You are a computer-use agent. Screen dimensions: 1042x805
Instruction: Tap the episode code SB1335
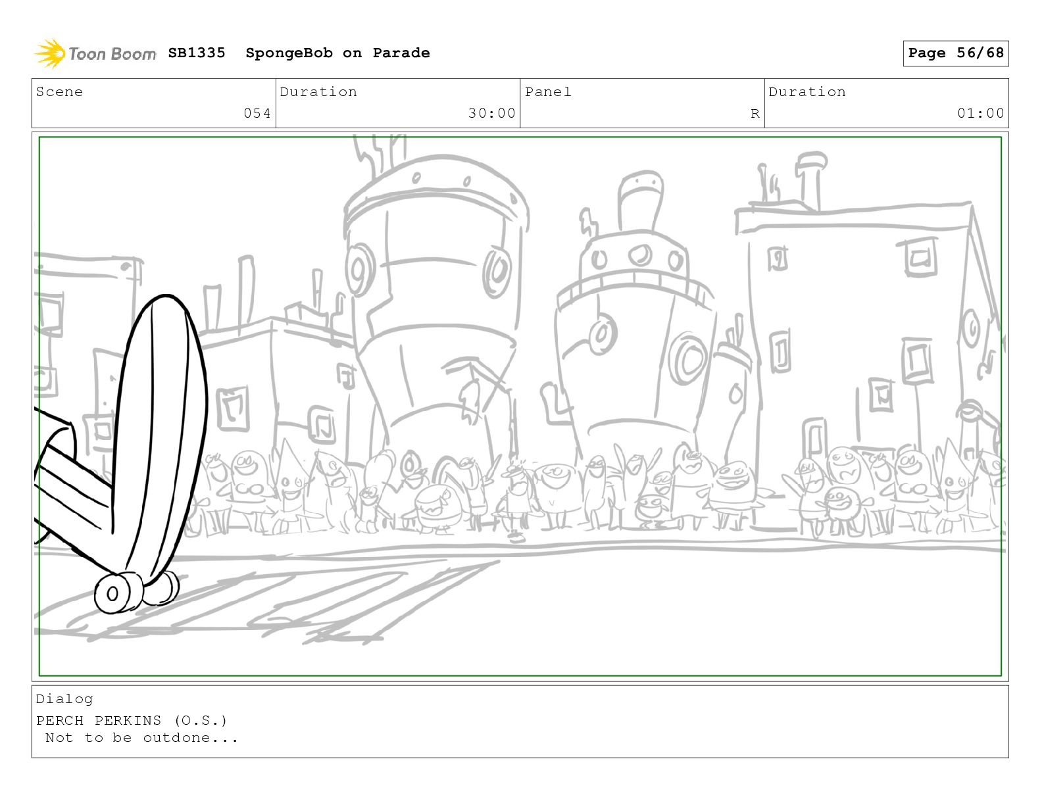pyautogui.click(x=197, y=53)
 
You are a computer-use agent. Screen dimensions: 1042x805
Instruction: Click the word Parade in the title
pyautogui.click(x=401, y=53)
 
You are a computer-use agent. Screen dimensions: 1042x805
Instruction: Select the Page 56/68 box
pyautogui.click(x=956, y=53)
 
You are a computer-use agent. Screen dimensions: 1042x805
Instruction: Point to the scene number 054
pyautogui.click(x=257, y=113)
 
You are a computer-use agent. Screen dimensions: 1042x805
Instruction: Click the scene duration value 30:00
pyautogui.click(x=491, y=113)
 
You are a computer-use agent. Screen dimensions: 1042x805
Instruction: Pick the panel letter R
pyautogui.click(x=755, y=114)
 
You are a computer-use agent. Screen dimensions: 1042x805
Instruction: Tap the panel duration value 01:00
pyautogui.click(x=981, y=113)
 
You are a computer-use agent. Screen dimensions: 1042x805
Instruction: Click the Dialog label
pyautogui.click(x=64, y=700)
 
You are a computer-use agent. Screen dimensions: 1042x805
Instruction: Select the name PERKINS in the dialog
pyautogui.click(x=128, y=721)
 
